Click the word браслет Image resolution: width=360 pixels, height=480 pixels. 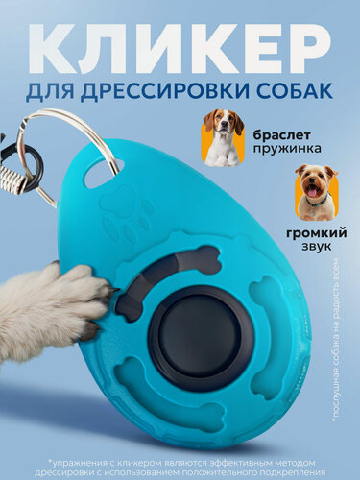(281, 135)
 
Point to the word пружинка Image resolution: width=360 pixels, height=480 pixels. (287, 148)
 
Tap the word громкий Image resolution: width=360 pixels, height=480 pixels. (317, 232)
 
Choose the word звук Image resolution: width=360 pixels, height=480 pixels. (317, 247)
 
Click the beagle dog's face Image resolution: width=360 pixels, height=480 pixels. (222, 122)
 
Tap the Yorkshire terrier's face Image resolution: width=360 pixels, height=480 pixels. (316, 181)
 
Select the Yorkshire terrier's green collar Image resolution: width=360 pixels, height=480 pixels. (316, 201)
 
